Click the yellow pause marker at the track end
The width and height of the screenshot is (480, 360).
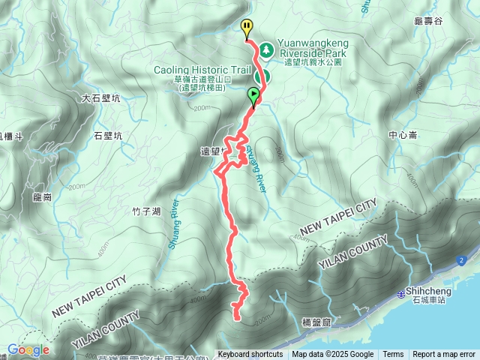(247, 28)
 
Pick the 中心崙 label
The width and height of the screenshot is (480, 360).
(402, 136)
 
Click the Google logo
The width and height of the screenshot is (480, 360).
(28, 350)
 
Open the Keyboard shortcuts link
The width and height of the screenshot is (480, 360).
(250, 355)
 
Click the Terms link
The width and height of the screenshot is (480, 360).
(393, 355)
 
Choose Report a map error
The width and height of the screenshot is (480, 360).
(444, 355)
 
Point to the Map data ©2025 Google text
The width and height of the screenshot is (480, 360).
(333, 355)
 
